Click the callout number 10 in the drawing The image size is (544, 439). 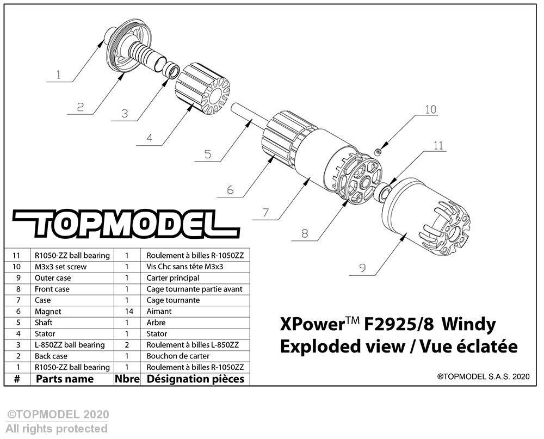point(430,109)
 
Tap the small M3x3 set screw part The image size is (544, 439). point(379,152)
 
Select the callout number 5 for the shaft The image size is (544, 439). point(207,154)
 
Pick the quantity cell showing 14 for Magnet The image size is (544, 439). point(129,311)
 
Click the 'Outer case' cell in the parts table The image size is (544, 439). point(53,278)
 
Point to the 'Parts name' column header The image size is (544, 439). point(65,379)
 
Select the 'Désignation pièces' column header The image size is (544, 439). point(195,379)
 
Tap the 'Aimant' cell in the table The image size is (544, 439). point(159,311)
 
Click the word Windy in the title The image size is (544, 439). point(469,325)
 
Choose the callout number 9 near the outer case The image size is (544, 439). point(362,268)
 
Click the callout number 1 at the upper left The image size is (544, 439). point(58,75)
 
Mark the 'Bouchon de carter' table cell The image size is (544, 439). point(178,356)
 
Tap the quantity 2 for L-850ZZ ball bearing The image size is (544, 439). point(127,345)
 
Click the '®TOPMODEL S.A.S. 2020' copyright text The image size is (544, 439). point(484,376)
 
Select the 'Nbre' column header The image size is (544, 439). point(127,379)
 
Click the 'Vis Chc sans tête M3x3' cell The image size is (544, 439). point(184,267)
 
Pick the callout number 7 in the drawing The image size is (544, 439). point(265,212)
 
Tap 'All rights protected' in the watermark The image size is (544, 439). point(57,429)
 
